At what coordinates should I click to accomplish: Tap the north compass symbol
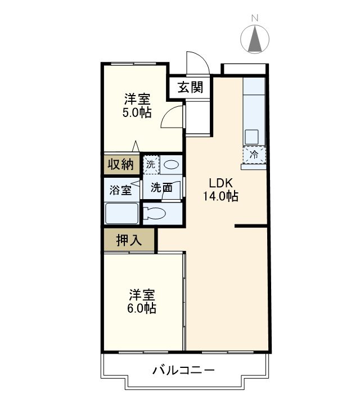point(254,39)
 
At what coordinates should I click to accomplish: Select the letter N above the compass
point(254,18)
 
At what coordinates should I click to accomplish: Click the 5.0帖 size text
point(137,112)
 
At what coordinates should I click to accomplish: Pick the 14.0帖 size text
point(220,196)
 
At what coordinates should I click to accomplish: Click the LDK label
point(220,183)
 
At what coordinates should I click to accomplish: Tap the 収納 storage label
point(120,165)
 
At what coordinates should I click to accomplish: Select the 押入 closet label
point(129,241)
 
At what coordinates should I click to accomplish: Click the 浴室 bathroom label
point(120,190)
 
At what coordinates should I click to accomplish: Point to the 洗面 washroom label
point(161,188)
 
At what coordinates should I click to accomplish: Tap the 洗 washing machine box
point(151,165)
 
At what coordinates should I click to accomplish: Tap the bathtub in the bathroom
point(121,214)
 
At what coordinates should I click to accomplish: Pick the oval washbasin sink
point(172,165)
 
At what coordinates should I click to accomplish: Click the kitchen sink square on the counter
point(251,136)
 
